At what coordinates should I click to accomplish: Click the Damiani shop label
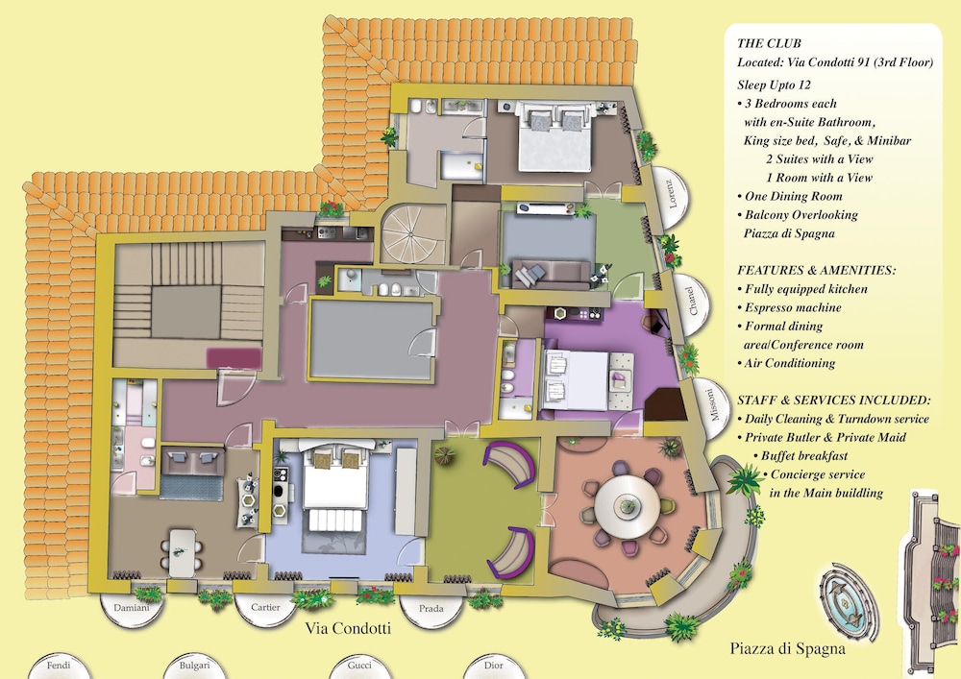[x=131, y=608]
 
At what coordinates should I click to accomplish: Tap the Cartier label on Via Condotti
[x=265, y=607]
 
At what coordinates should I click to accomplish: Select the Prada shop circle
[x=431, y=609]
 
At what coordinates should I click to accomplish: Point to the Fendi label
[x=59, y=665]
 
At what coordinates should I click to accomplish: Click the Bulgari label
[x=194, y=666]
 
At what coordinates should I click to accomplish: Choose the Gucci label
[x=359, y=666]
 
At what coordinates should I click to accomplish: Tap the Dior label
[x=494, y=666]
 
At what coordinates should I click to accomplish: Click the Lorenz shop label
[x=673, y=194]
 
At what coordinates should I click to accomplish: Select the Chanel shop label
[x=692, y=302]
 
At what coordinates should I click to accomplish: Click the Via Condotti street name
[x=348, y=628]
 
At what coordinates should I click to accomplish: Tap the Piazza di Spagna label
[x=788, y=648]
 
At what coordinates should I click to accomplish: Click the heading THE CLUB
[x=769, y=43]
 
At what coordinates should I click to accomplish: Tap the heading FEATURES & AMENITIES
[x=816, y=270]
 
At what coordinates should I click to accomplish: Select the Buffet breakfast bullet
[x=801, y=455]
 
